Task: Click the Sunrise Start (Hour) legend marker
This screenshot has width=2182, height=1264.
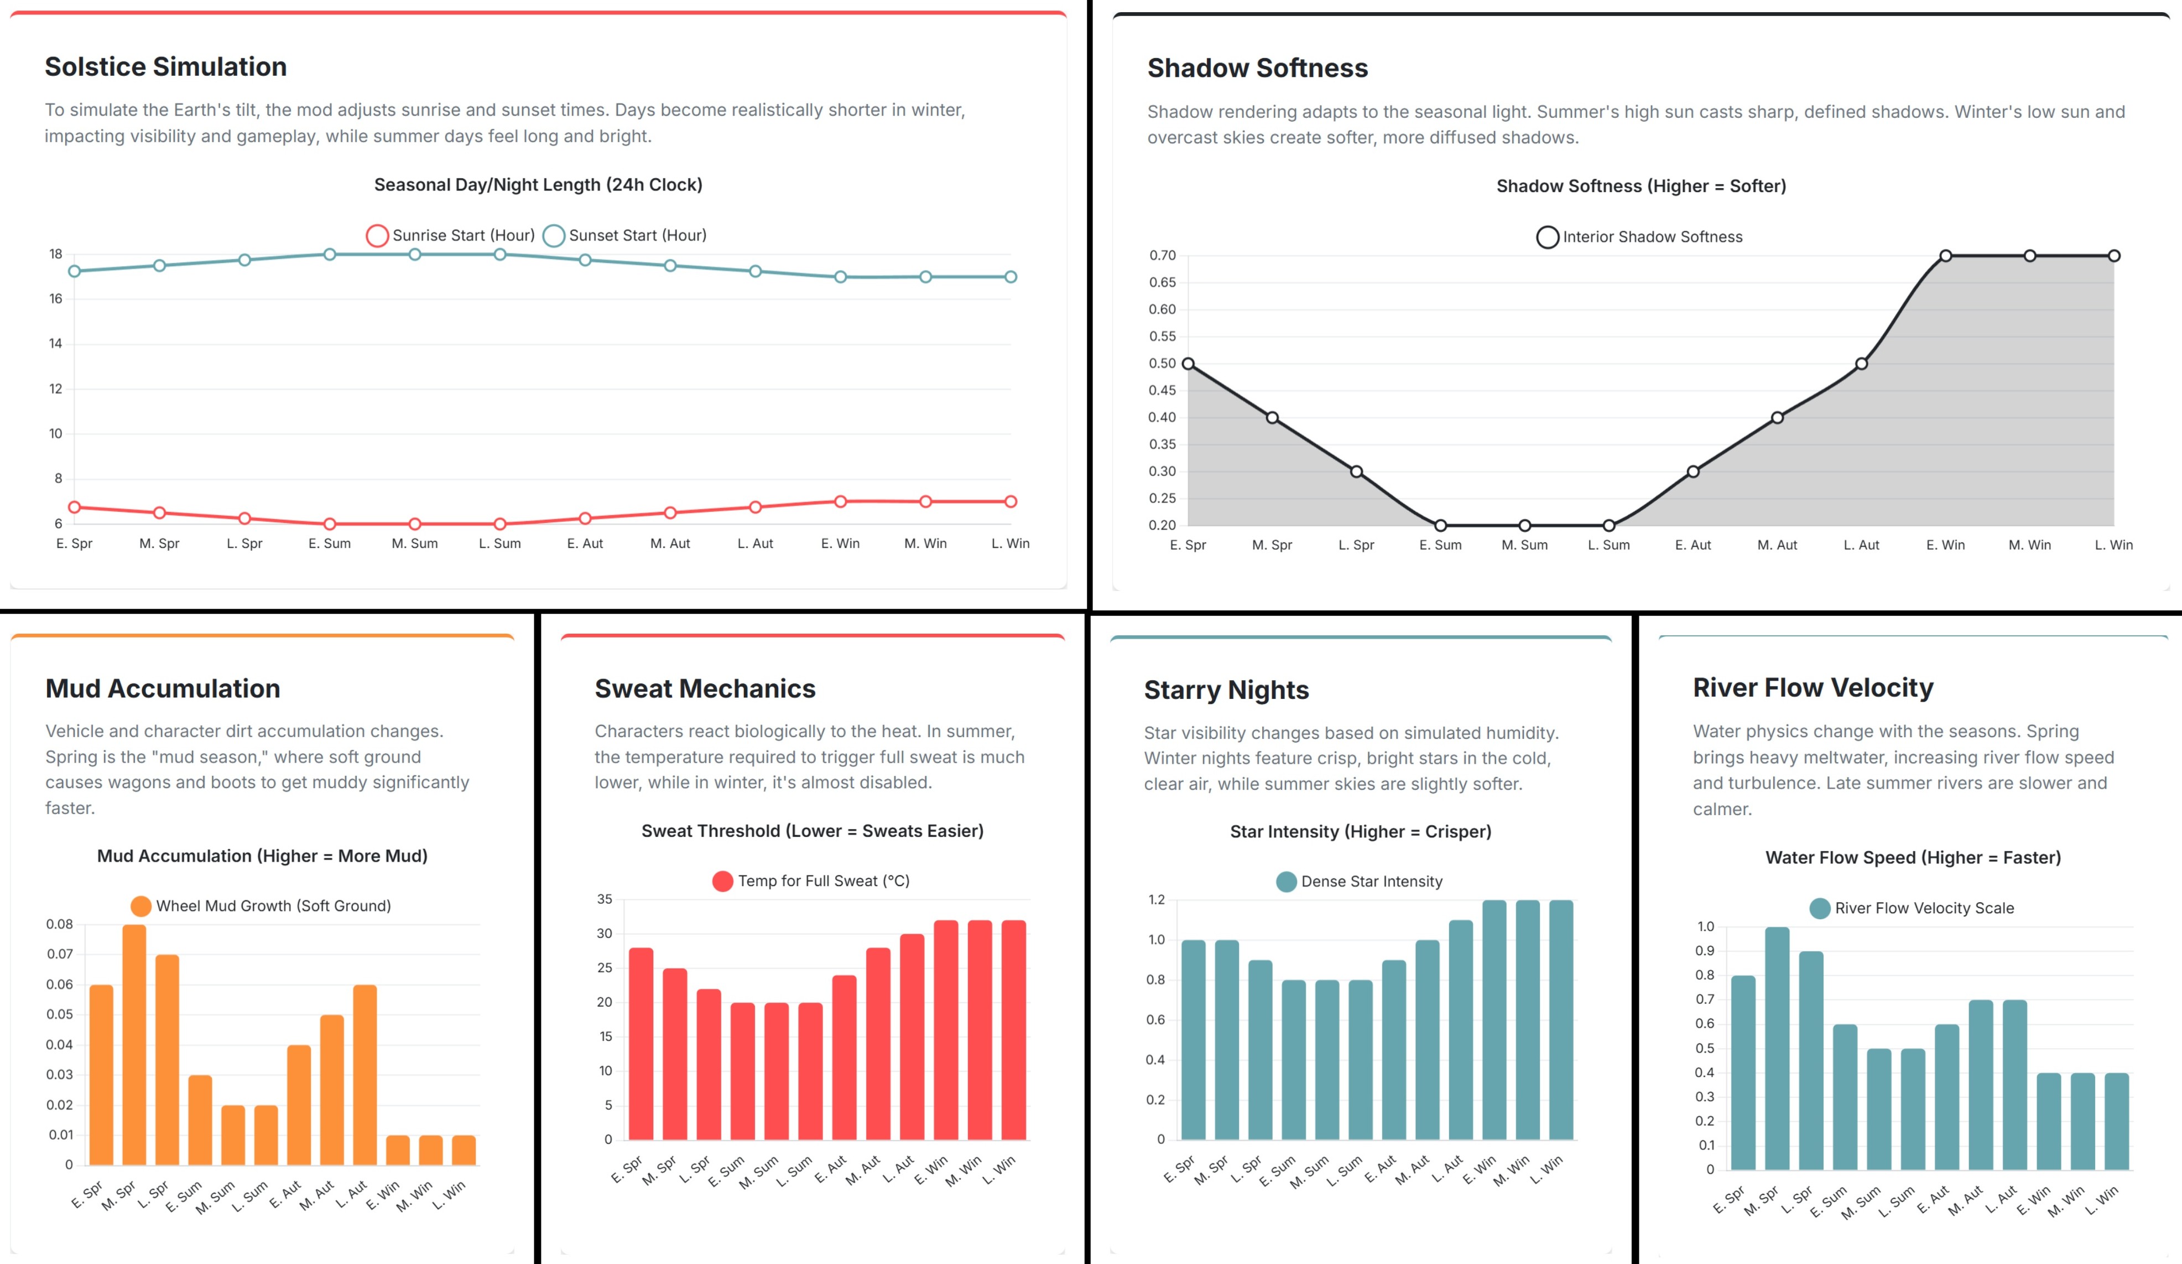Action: (x=377, y=236)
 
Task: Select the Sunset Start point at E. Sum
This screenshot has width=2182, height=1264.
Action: (x=330, y=255)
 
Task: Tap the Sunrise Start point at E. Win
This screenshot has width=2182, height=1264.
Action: (x=840, y=501)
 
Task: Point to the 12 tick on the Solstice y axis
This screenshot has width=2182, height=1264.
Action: (x=55, y=389)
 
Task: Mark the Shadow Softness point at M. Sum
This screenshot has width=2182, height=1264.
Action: (x=1525, y=525)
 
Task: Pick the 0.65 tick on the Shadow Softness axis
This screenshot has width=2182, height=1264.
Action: (x=1162, y=282)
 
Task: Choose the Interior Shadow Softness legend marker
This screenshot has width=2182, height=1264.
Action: (x=1548, y=237)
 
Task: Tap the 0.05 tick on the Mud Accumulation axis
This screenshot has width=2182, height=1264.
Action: (x=60, y=1014)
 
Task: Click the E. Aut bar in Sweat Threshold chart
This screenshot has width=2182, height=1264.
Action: (x=844, y=1057)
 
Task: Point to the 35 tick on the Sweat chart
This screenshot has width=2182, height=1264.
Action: (x=605, y=899)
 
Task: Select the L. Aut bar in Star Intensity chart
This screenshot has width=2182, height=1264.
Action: (x=1461, y=1029)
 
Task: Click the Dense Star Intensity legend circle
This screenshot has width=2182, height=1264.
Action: (x=1287, y=882)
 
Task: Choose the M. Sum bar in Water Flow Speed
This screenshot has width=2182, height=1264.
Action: (x=1879, y=1109)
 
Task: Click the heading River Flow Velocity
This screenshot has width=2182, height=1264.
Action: (x=1813, y=688)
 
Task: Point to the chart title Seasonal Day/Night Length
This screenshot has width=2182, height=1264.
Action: (x=538, y=184)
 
